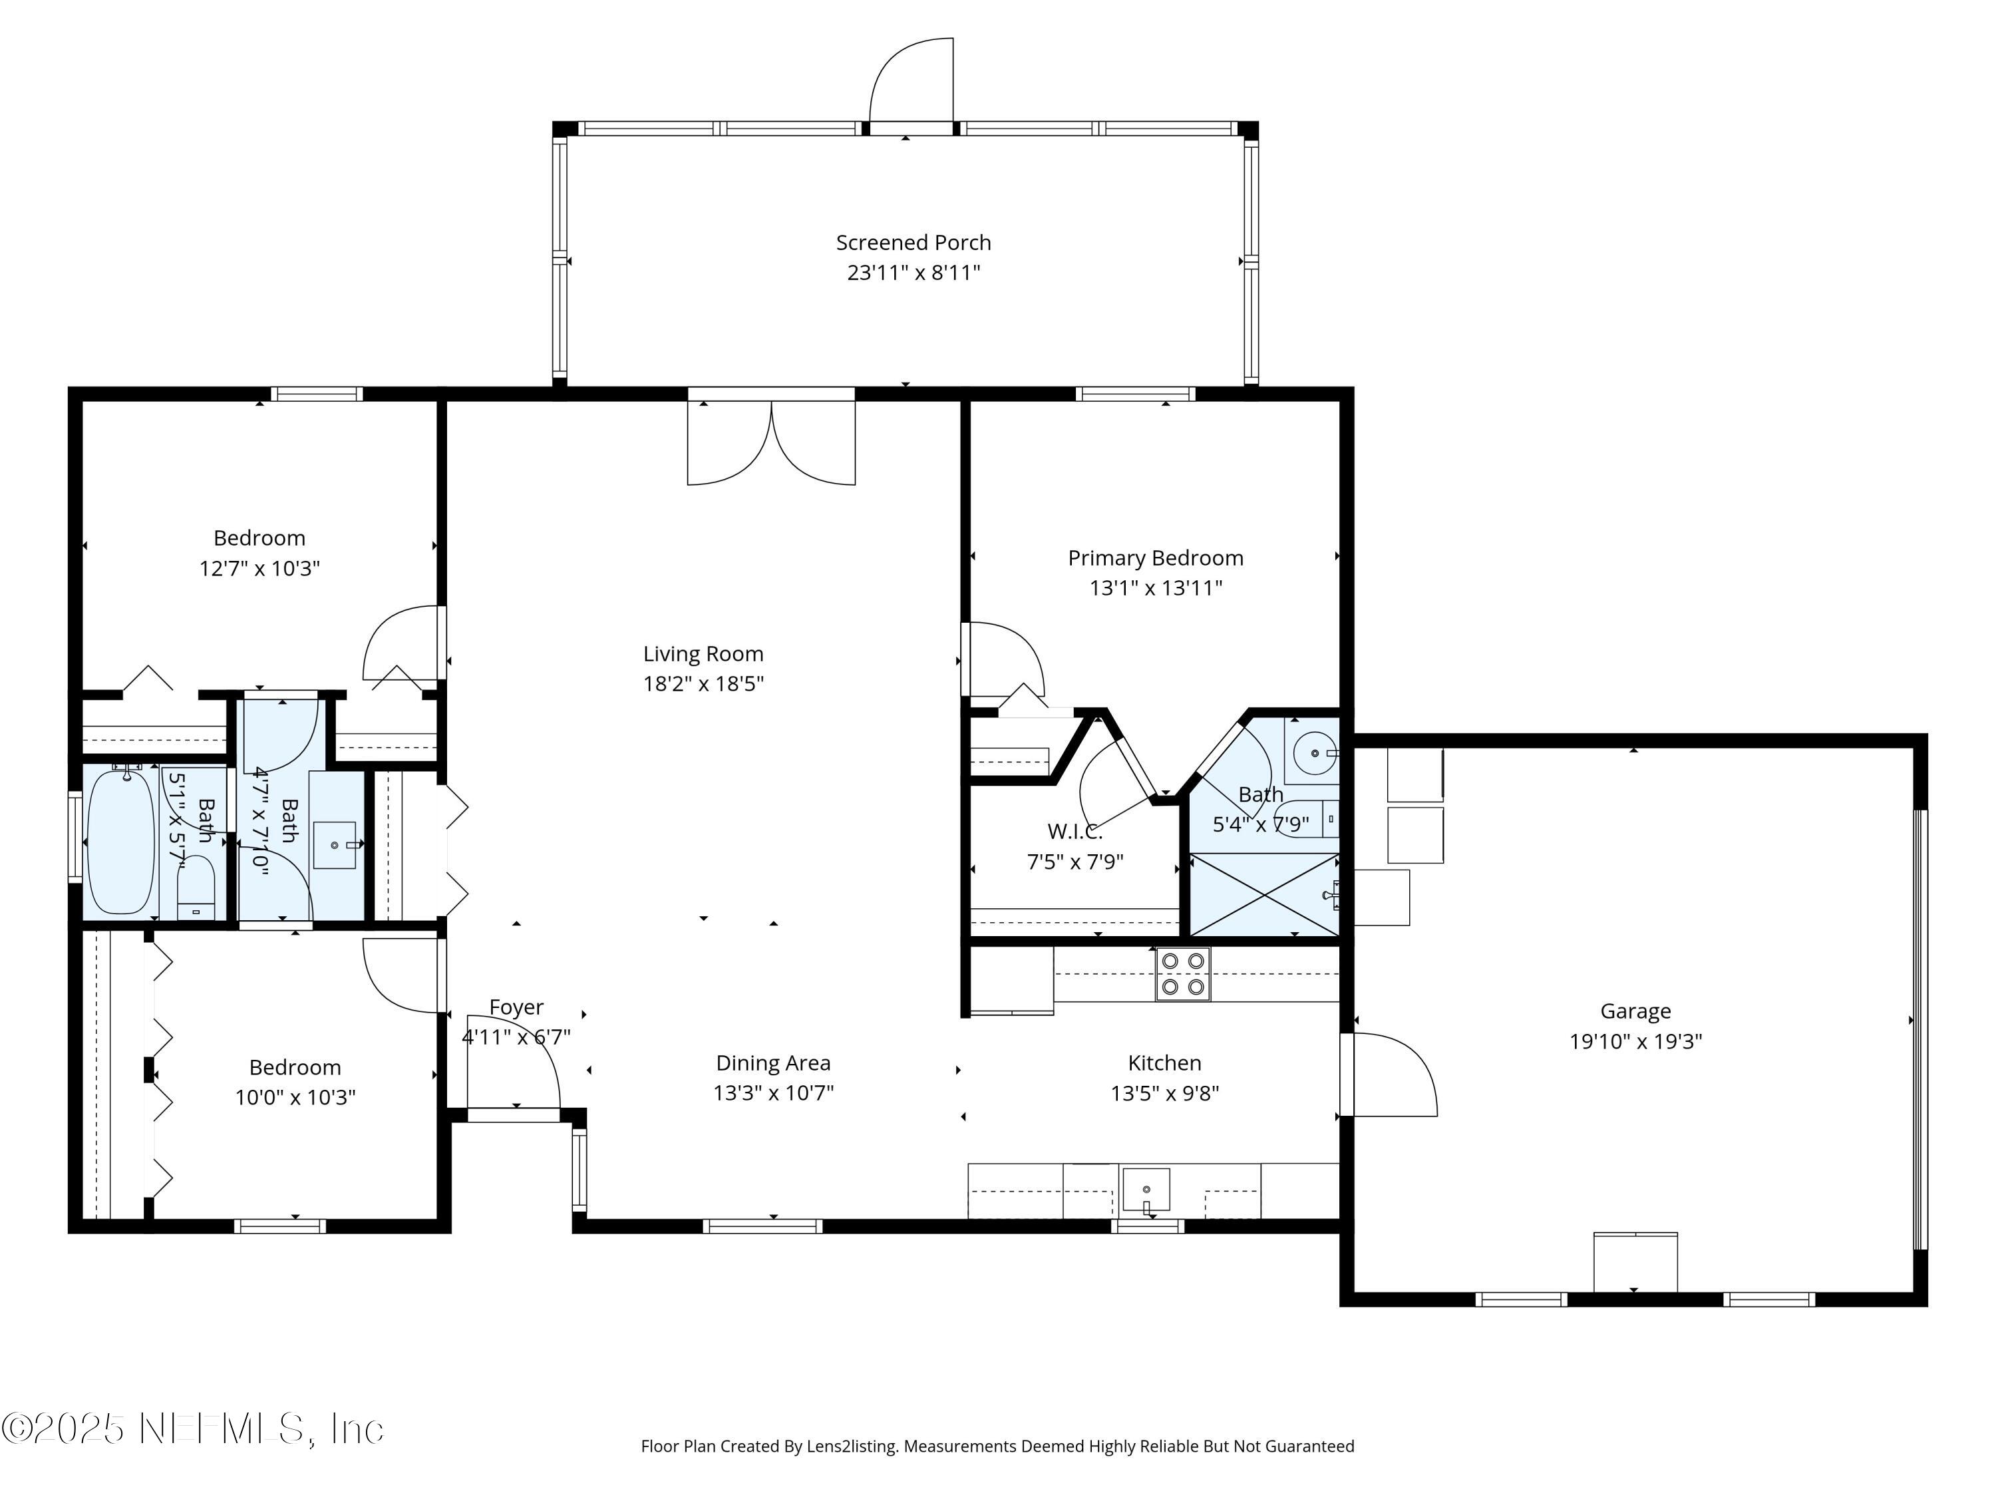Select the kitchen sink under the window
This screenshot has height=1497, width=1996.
pyautogui.click(x=1146, y=1190)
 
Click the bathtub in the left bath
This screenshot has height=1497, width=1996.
pyautogui.click(x=121, y=842)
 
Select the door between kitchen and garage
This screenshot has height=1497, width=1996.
pyautogui.click(x=1390, y=1075)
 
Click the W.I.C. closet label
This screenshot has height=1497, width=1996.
pyautogui.click(x=1074, y=831)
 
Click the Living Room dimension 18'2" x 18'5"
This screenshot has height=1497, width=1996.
pyautogui.click(x=703, y=684)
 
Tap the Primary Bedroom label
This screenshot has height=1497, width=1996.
pyautogui.click(x=1155, y=559)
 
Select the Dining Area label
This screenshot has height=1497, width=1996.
pyautogui.click(x=772, y=1063)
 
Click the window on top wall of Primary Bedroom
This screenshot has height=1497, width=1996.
pyautogui.click(x=1134, y=393)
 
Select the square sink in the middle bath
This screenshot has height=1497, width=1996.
pyautogui.click(x=334, y=844)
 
